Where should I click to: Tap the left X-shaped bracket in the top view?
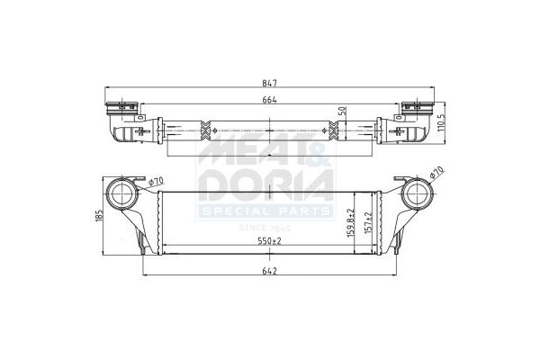pos(206,132)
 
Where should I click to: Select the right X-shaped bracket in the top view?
pos(335,133)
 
